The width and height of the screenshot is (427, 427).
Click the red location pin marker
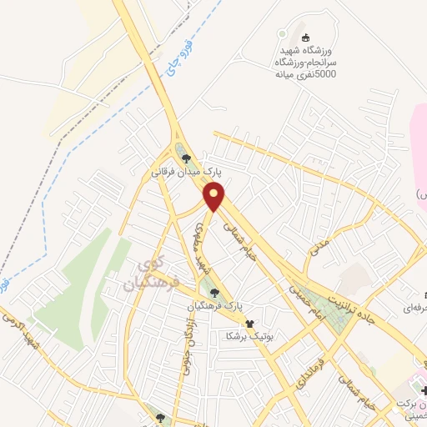point(214,198)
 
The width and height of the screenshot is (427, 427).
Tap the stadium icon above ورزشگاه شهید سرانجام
point(306,37)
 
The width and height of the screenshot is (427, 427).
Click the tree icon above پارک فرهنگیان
point(216,292)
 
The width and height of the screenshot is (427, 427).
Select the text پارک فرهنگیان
point(215,307)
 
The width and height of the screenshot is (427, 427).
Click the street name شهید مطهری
point(200,247)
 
